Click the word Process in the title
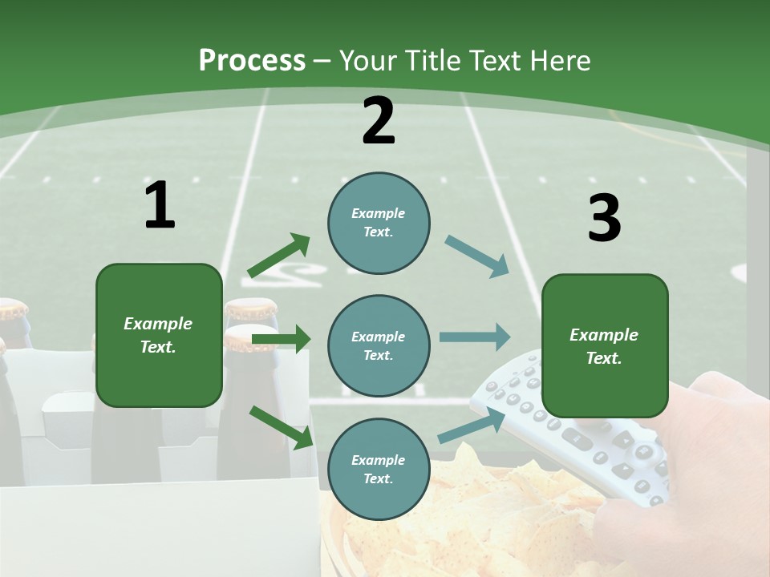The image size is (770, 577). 252,60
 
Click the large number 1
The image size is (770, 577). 159,206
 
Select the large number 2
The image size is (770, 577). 379,121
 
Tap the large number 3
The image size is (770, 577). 604,219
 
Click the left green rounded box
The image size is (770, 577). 159,335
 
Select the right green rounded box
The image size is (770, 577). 605,345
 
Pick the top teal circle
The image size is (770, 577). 379,223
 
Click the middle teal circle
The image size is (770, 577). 379,345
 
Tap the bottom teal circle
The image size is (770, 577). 379,469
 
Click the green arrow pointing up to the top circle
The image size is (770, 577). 278,256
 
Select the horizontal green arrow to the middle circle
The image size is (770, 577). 281,339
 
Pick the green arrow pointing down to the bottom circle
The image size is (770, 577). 281,427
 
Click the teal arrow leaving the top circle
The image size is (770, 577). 476,256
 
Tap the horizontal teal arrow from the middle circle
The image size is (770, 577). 475,337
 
